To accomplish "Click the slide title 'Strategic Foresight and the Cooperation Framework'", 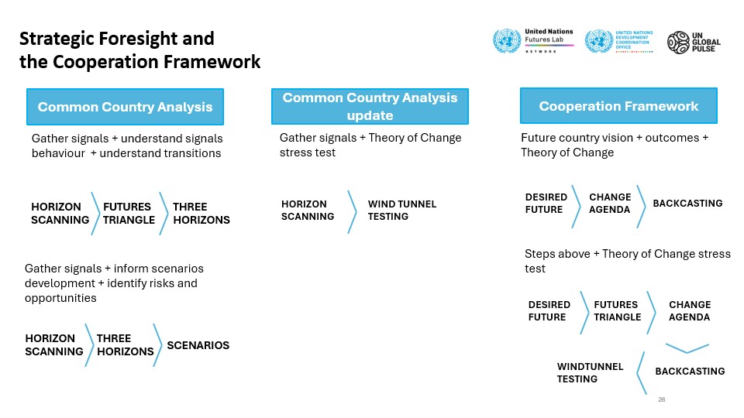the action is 140,50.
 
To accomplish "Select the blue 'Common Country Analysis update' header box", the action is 370,106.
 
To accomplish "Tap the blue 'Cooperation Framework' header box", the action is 618,106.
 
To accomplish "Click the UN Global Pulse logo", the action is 694,42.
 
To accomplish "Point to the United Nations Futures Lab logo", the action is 533,41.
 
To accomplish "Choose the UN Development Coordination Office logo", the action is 618,41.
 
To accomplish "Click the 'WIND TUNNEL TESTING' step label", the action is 402,210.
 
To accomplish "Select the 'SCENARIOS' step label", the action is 198,345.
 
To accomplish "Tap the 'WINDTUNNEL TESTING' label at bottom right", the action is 590,372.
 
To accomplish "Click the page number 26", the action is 661,399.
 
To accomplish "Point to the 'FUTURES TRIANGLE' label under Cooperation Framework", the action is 618,311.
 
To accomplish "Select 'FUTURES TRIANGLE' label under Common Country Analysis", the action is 129,214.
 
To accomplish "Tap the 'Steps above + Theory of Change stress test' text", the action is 627,261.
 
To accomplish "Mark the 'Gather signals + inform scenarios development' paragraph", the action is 114,283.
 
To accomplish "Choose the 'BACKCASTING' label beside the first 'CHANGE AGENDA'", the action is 687,204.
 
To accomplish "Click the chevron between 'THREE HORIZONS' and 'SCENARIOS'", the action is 158,345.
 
